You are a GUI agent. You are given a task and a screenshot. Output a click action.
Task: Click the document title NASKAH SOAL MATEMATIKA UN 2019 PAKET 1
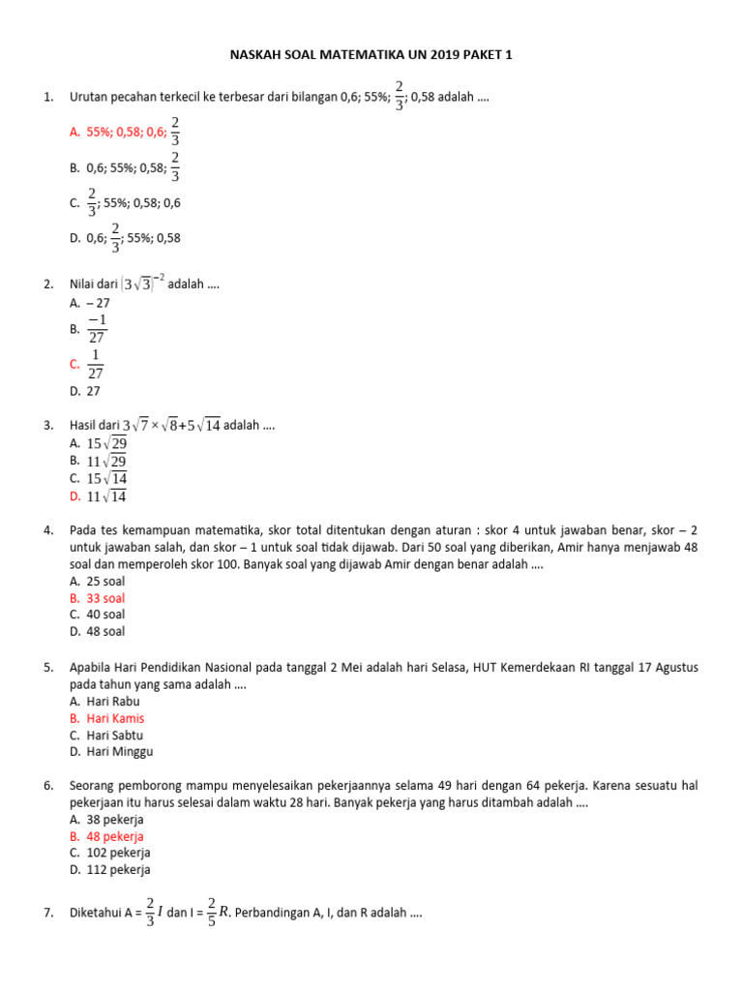[x=371, y=55]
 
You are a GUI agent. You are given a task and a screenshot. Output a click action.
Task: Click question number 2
[x=47, y=285]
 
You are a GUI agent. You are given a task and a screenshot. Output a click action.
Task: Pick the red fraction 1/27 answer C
[x=95, y=364]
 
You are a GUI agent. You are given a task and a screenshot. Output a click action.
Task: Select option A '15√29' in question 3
[x=106, y=443]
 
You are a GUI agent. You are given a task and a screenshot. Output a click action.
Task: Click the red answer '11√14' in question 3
[x=106, y=496]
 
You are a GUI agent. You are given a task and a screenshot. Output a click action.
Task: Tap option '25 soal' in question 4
[x=105, y=582]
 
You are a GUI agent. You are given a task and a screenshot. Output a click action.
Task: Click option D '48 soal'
[x=105, y=631]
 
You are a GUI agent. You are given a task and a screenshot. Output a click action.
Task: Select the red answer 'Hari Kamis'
[x=115, y=718]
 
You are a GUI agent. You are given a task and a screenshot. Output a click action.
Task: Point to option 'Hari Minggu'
[x=119, y=751]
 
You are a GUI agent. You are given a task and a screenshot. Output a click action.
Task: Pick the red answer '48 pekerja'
[x=114, y=836]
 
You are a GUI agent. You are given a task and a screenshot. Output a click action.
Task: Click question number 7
[x=47, y=913]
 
